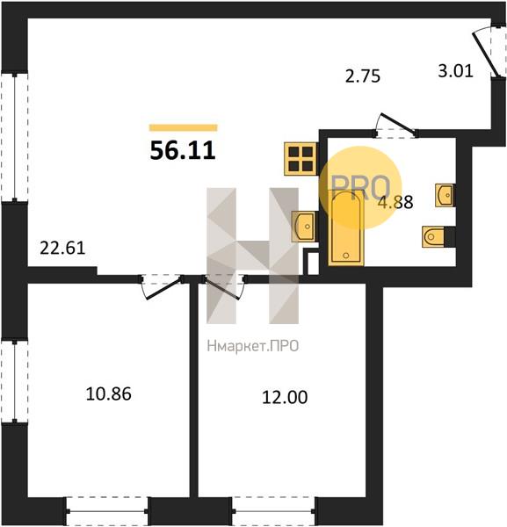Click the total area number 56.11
(183, 151)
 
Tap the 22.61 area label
(62, 249)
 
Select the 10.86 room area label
(109, 393)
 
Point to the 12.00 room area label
(285, 397)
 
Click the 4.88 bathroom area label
(395, 202)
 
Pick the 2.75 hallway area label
(363, 76)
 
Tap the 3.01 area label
(455, 71)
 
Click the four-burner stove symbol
(301, 159)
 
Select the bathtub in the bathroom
(346, 227)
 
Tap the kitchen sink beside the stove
(304, 227)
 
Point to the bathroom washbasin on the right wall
(445, 195)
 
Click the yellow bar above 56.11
(184, 127)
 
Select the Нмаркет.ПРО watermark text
(253, 346)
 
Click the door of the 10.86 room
(162, 286)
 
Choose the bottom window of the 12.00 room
(273, 511)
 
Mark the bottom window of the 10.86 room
(107, 511)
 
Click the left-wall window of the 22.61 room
(14, 137)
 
